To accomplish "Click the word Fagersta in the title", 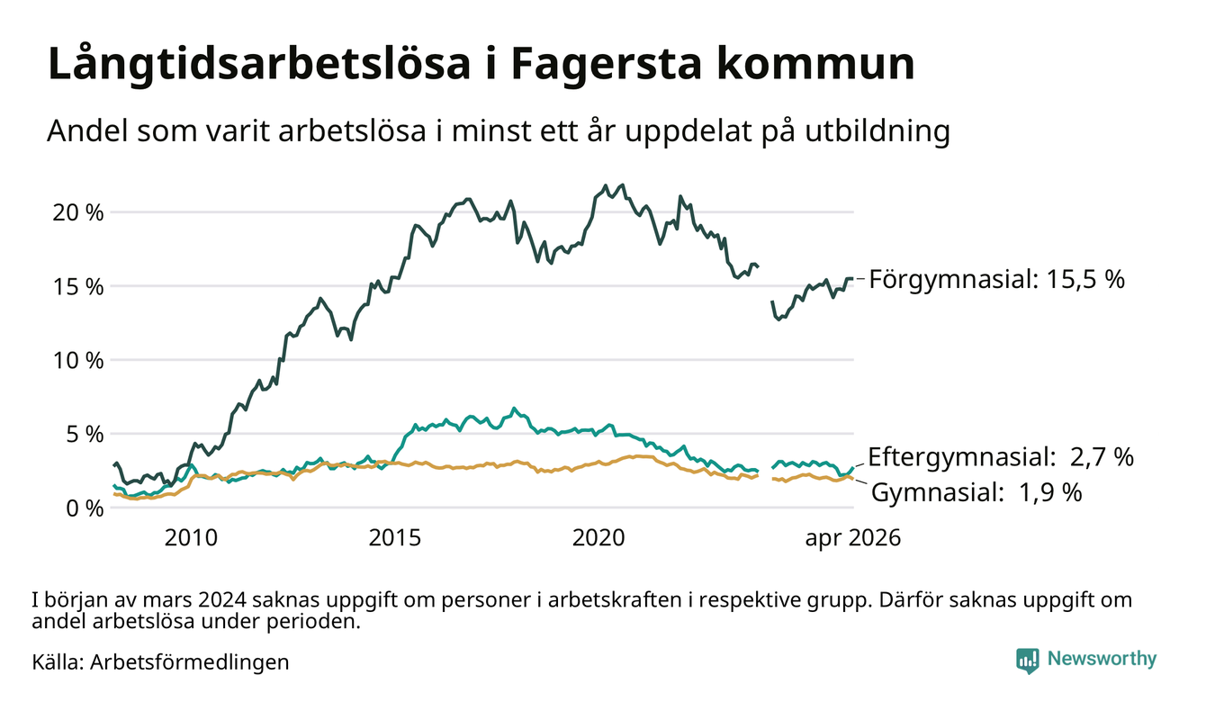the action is [x=607, y=65].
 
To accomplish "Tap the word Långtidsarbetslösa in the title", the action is [x=259, y=65].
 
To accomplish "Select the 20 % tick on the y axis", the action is [x=78, y=213].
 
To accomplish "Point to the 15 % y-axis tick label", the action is [x=78, y=287].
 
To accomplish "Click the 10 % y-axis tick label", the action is [x=78, y=361].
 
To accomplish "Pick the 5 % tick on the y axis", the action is [x=85, y=435].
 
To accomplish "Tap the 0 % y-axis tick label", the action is [x=85, y=508].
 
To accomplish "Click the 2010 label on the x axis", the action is [x=191, y=538].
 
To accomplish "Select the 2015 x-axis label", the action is [x=394, y=538].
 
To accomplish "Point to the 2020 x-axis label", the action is [x=598, y=538].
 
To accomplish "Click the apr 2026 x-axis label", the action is [x=853, y=538].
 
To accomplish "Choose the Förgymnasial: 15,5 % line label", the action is [x=997, y=280].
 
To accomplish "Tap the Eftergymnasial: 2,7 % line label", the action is [x=1001, y=457].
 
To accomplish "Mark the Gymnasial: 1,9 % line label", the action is [x=976, y=492].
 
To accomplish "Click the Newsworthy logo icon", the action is [x=1028, y=660].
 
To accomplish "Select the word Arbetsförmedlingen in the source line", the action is [x=190, y=662].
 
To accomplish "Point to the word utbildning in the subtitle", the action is [x=877, y=131].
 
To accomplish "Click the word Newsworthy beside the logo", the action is [x=1102, y=659].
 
